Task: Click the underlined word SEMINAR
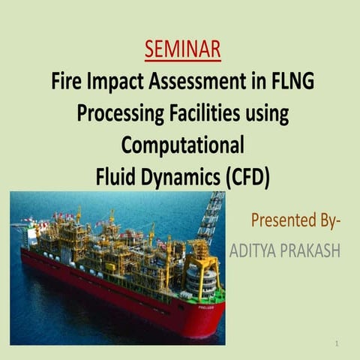point(182,49)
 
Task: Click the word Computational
point(182,145)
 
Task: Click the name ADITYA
point(256,250)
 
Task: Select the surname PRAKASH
point(312,250)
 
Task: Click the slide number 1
point(338,343)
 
